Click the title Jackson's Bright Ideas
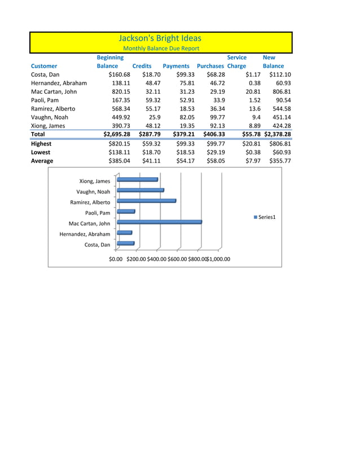click(160, 38)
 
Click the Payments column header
click(175, 66)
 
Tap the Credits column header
click(142, 66)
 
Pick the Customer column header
click(44, 66)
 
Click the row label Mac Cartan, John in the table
click(54, 91)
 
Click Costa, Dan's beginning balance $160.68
click(119, 74)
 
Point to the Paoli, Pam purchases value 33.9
click(217, 100)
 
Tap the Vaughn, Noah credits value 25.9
click(152, 117)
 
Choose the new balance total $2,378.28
click(277, 134)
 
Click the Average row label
click(42, 161)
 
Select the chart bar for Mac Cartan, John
click(159, 222)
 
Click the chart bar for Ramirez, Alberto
click(146, 201)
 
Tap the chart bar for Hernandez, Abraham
click(124, 232)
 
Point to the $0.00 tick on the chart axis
click(116, 259)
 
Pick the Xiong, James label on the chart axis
click(95, 181)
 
